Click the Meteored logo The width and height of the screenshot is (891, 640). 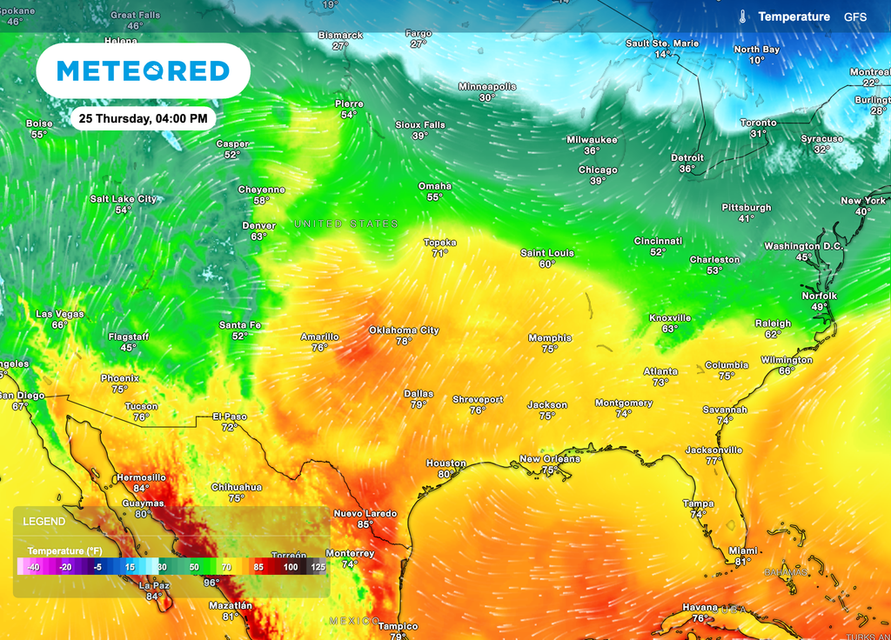143,70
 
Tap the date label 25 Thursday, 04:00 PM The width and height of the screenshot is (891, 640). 142,117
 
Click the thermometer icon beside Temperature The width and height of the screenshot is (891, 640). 744,17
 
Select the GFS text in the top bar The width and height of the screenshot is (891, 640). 854,17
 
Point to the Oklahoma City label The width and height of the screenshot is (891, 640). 404,330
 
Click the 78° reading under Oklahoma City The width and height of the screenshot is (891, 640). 404,342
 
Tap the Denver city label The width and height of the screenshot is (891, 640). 258,226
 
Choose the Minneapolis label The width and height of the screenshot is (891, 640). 487,87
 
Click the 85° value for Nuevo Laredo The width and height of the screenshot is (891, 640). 365,524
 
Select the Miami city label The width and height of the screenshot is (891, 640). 743,550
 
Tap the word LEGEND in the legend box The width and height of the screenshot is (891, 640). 44,522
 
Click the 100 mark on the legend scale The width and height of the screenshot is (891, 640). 289,567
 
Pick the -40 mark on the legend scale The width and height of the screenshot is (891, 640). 33,567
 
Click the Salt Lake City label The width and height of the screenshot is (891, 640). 124,199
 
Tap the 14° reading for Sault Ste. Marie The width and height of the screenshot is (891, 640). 662,54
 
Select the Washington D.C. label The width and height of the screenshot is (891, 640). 803,246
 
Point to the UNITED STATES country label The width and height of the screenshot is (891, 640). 345,224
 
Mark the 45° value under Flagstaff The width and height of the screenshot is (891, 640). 128,348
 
